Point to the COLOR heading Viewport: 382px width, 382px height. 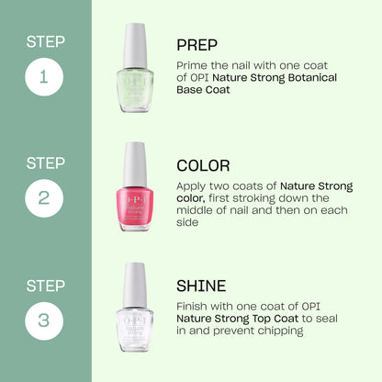point(204,166)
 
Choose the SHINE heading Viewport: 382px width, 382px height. point(202,286)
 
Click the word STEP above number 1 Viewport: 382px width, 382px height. point(45,40)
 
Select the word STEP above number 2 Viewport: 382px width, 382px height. point(45,163)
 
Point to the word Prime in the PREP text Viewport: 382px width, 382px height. point(192,65)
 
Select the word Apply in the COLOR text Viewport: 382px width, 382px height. point(193,185)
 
